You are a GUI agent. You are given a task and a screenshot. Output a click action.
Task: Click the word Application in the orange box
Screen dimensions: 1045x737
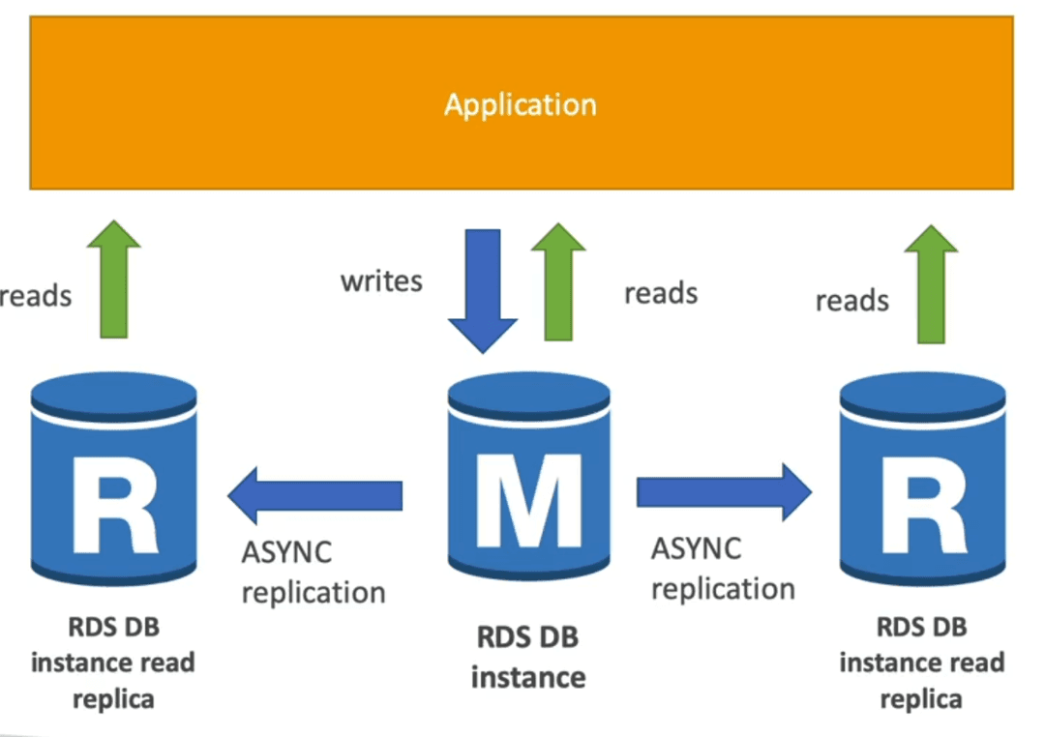point(521,105)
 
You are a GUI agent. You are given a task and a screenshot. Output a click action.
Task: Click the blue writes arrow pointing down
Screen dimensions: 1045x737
point(483,290)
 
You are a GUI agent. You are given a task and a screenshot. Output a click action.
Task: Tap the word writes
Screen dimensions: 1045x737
point(381,281)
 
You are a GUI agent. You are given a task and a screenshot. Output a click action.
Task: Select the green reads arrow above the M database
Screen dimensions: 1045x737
point(558,281)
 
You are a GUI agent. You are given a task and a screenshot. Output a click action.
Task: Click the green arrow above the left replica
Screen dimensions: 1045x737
point(114,279)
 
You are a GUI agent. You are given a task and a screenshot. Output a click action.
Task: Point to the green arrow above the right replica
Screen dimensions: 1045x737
point(931,284)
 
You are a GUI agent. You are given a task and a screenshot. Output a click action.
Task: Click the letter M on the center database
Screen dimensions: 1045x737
point(529,500)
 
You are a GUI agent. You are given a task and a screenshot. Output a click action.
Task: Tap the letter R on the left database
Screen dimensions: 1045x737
point(115,505)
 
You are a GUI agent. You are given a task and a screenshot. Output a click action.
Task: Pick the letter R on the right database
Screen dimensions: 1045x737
point(924,505)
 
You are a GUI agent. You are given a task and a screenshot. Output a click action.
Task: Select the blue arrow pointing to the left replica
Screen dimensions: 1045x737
point(314,495)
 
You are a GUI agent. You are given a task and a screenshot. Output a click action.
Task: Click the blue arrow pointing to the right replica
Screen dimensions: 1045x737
point(725,492)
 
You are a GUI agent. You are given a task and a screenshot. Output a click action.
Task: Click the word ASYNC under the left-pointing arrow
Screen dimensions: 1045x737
point(286,552)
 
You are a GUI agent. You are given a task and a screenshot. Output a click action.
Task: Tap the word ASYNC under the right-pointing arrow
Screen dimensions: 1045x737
point(696,549)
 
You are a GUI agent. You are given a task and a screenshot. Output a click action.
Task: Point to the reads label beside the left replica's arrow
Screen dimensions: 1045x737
point(36,296)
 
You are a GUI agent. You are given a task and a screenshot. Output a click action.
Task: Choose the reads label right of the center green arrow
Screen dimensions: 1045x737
point(661,293)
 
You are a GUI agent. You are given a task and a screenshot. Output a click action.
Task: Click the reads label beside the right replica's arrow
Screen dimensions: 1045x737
point(851,301)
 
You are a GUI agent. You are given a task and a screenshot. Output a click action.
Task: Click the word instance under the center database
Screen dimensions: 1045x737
point(528,678)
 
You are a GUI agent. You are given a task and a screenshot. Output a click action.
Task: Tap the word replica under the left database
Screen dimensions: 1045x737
point(113,699)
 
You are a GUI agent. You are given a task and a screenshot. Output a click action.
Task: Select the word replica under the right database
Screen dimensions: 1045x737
point(921,699)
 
